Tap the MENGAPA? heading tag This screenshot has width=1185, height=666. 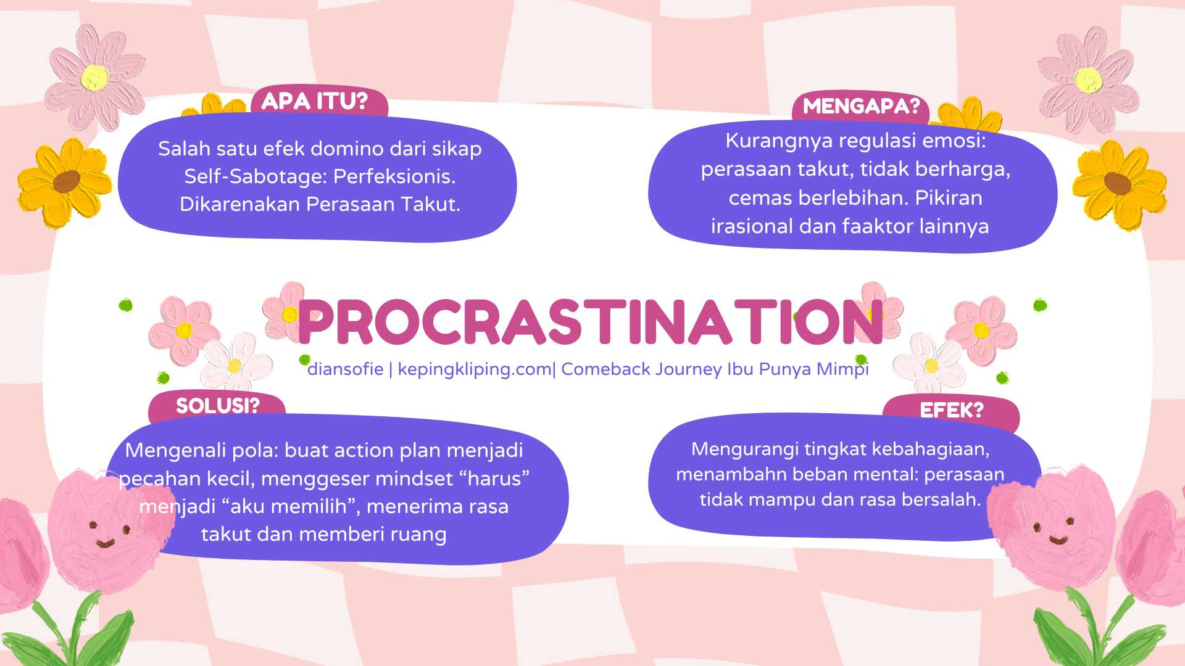tap(861, 107)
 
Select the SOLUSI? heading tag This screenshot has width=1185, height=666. tap(217, 406)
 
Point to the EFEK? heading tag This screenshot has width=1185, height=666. tap(951, 410)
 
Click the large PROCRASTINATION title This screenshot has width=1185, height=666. tap(591, 322)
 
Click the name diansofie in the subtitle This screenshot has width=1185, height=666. tap(346, 369)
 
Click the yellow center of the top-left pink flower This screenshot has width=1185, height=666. tap(94, 78)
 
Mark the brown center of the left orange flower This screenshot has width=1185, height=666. tap(67, 181)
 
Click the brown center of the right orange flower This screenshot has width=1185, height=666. tap(1117, 183)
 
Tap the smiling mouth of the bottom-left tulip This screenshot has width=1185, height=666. tap(106, 543)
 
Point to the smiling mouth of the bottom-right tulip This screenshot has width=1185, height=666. tap(1058, 540)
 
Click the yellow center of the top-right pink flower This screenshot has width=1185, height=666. tap(1088, 80)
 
